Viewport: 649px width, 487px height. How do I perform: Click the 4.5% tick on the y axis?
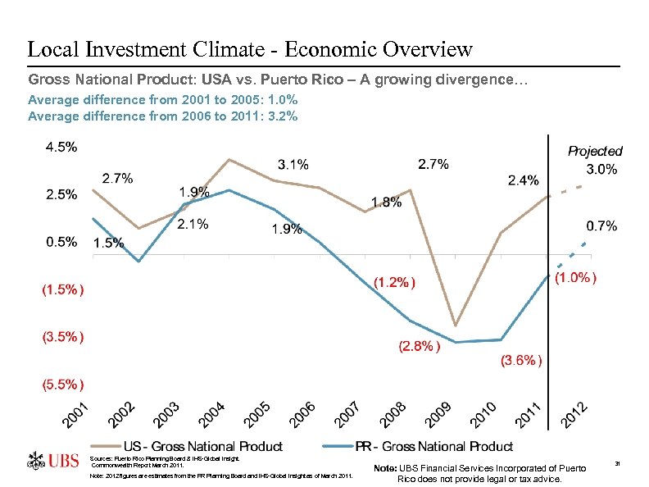coord(61,148)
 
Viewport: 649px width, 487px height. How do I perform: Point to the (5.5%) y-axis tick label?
coord(61,384)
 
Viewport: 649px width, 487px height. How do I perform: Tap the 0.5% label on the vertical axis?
coord(61,242)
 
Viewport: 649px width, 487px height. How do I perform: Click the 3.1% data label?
coord(293,165)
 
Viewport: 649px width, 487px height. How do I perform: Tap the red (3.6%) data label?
coord(520,360)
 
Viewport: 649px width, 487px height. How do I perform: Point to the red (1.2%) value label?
coord(395,282)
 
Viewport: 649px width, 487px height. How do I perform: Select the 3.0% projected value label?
coord(601,170)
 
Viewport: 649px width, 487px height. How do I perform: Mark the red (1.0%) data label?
coord(575,278)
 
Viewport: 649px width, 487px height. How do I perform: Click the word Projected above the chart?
coord(595,152)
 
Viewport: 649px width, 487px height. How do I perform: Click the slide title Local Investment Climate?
coord(250,49)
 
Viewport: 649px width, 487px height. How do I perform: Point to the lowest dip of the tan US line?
coord(455,325)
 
